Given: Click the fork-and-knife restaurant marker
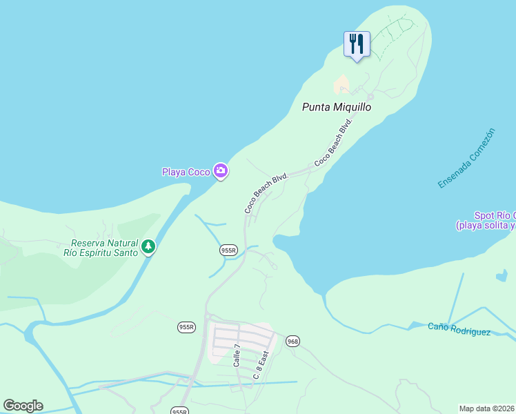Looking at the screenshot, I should tap(357, 44).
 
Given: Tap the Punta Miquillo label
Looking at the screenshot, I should tap(337, 107).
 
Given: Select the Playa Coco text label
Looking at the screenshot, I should tap(186, 172).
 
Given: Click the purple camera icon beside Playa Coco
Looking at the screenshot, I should tap(221, 170).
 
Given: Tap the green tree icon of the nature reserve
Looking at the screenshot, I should tap(148, 246).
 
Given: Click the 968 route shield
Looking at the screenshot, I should tap(293, 341).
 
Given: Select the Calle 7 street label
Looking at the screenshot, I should tap(237, 355).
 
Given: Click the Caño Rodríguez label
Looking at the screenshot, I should tap(459, 329).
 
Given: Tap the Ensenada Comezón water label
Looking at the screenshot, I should tap(466, 158).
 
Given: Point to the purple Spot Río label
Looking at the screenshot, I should tap(494, 221).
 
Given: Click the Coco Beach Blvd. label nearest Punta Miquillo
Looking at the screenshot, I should tap(334, 142).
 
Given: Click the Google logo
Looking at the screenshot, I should tap(23, 406).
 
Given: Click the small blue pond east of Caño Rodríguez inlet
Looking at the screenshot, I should tap(502, 276).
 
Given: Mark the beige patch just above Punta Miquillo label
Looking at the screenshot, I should tap(341, 86).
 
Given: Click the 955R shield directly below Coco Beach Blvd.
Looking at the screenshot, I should tap(228, 250).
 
